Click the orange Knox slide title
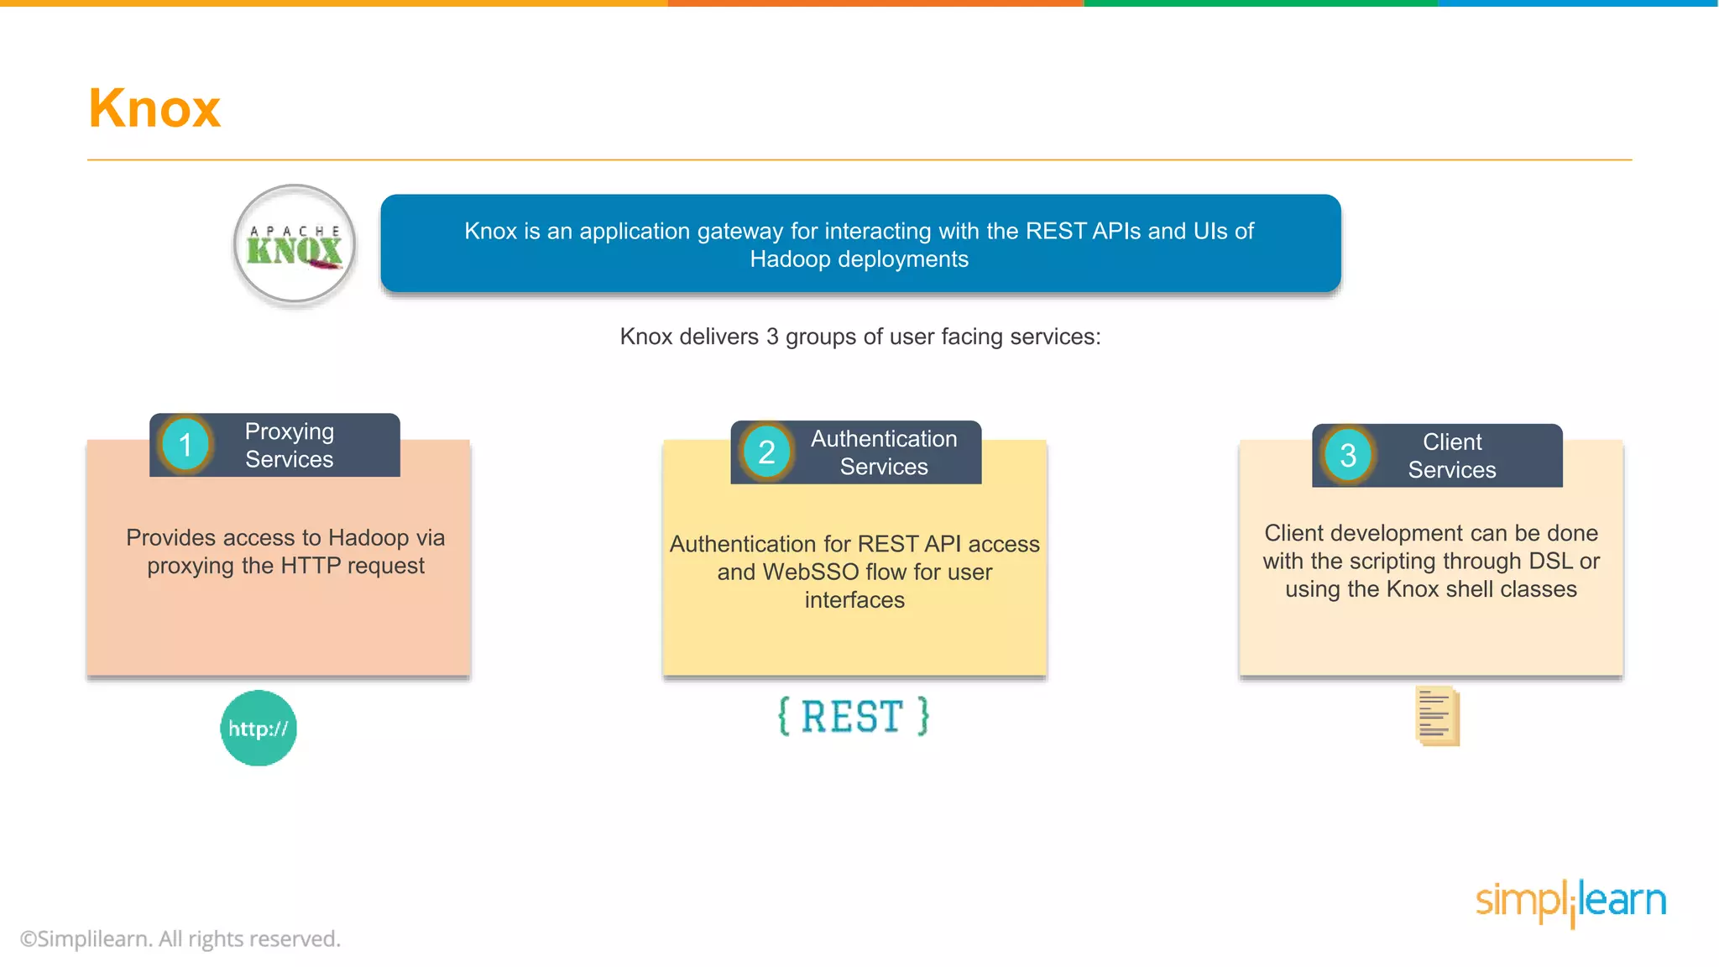154,108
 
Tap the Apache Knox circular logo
295,244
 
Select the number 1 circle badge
185,445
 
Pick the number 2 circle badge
766,452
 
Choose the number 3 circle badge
1348,456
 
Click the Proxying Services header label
290,445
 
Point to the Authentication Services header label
884,452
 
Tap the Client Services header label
1452,456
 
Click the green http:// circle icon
259,728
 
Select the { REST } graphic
853,717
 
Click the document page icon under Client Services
1437,716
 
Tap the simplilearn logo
1570,902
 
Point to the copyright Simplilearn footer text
180,938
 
